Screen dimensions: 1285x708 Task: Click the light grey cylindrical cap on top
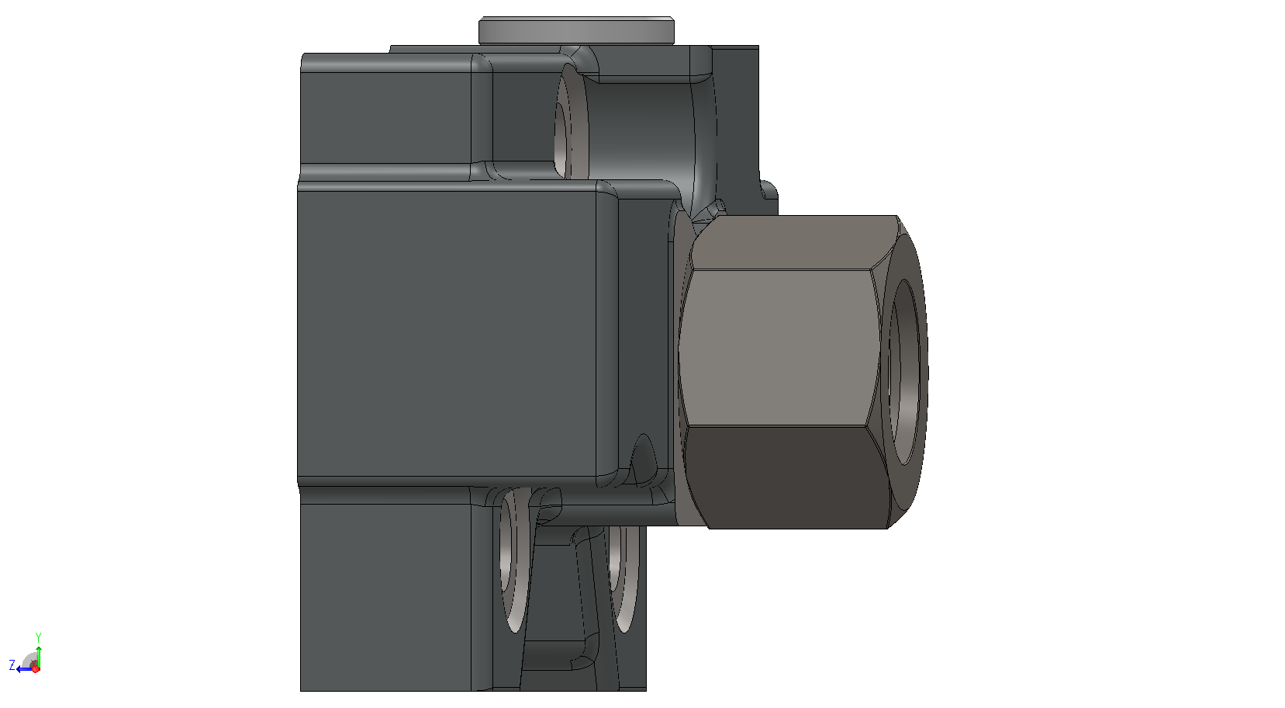click(576, 30)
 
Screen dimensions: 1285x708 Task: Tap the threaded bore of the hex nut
click(905, 372)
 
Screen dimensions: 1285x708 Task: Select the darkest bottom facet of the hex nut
click(786, 477)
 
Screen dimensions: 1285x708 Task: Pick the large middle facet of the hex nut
click(779, 347)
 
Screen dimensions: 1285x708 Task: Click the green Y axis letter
click(39, 637)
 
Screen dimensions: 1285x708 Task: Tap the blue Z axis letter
click(12, 665)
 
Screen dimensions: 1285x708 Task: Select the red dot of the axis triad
click(35, 668)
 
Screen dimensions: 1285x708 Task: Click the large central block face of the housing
click(447, 333)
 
